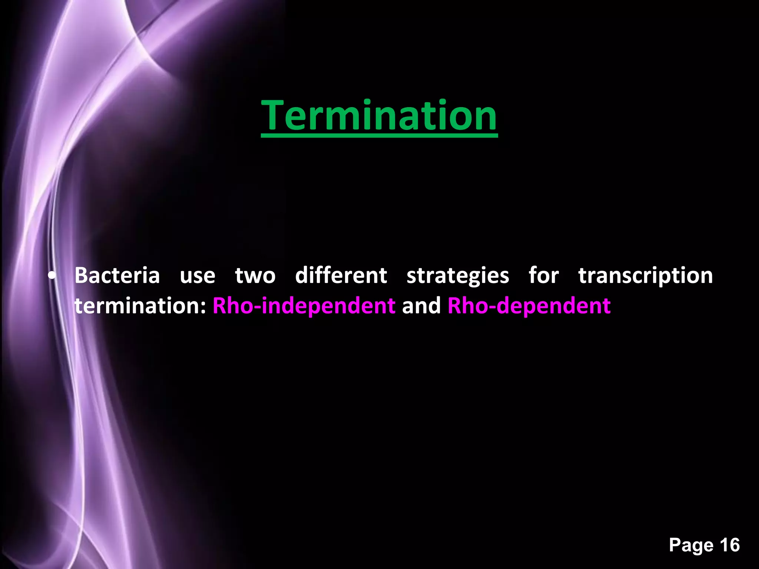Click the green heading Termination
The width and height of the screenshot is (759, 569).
coord(379,116)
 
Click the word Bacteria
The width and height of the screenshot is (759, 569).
coord(117,276)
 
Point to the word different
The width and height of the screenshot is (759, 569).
coord(341,276)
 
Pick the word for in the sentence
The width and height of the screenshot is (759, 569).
coord(544,276)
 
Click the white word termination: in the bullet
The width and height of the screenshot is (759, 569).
coord(140,306)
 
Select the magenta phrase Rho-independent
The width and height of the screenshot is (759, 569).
coord(304,306)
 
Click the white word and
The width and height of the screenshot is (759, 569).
coord(421,306)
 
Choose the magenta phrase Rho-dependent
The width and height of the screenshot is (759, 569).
coord(529,306)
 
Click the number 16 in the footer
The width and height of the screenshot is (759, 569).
coord(730,545)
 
